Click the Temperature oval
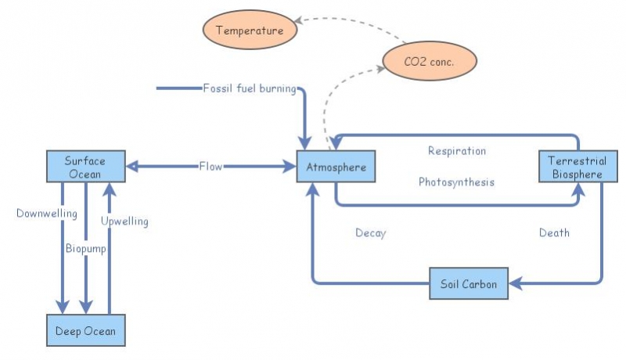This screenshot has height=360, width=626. pos(250,31)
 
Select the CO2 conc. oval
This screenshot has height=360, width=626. pos(429,59)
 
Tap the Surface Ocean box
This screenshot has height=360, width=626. pos(85,167)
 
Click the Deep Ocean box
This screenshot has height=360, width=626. pos(85,330)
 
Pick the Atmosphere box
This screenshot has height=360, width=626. pos(331,167)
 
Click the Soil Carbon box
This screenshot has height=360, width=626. pos(469,283)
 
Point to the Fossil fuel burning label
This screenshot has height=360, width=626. pos(249,88)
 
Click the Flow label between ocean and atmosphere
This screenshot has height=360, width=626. pos(210,166)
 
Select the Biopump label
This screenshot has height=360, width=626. pos(85,249)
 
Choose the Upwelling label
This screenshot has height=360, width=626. pos(124,221)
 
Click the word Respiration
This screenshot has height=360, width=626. pos(456,150)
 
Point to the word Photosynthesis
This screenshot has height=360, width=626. pos(456,182)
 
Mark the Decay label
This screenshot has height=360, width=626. pos(370,232)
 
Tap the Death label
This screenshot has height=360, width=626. pos(554,232)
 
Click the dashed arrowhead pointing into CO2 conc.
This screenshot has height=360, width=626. pos(380,70)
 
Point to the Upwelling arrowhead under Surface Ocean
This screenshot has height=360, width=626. pos(110,188)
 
